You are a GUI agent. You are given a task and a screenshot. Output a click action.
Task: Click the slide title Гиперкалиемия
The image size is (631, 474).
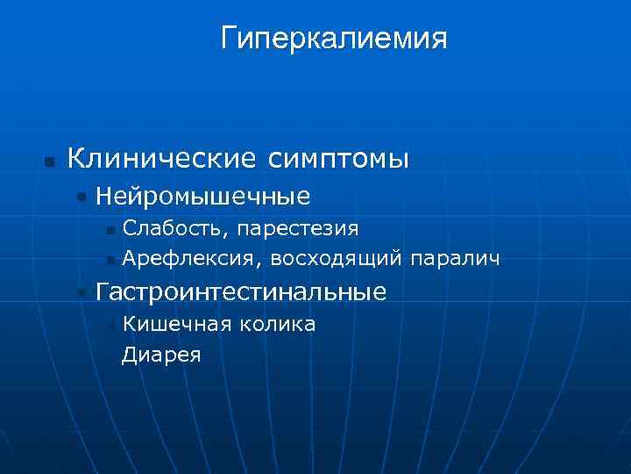pos(334,38)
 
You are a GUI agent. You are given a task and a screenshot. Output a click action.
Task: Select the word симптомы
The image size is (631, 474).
pos(334,159)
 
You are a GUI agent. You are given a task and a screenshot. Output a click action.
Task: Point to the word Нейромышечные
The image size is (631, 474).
pos(202,195)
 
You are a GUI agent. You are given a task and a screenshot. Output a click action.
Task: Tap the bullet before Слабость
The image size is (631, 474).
pos(110,231)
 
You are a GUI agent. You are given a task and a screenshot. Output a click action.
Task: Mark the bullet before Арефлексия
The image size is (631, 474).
pos(110,261)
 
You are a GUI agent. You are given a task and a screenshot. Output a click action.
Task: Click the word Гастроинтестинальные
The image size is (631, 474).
pos(241,291)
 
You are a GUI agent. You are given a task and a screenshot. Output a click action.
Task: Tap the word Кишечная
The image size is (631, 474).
pos(174,325)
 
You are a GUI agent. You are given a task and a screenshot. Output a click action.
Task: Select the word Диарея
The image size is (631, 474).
pos(162,355)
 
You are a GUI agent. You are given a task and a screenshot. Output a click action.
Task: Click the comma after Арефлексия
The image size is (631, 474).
pos(263,264)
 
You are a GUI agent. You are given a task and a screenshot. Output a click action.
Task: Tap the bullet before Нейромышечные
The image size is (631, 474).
pos(82,197)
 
